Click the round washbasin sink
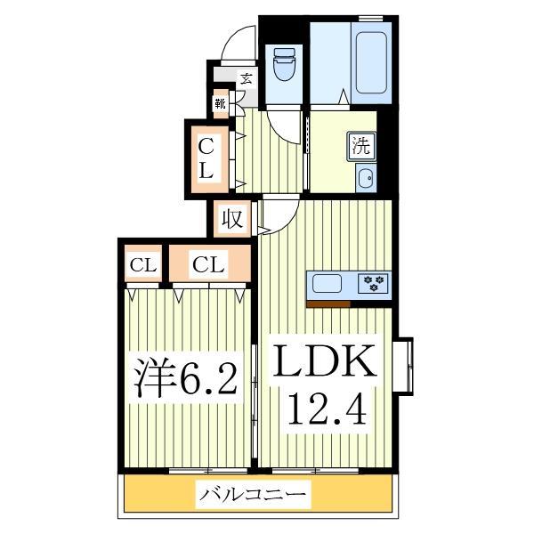pos(364,178)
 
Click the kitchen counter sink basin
pos(327,284)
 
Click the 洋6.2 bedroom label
pos(186,378)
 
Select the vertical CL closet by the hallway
pos(206,158)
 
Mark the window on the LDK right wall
pos(405,364)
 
